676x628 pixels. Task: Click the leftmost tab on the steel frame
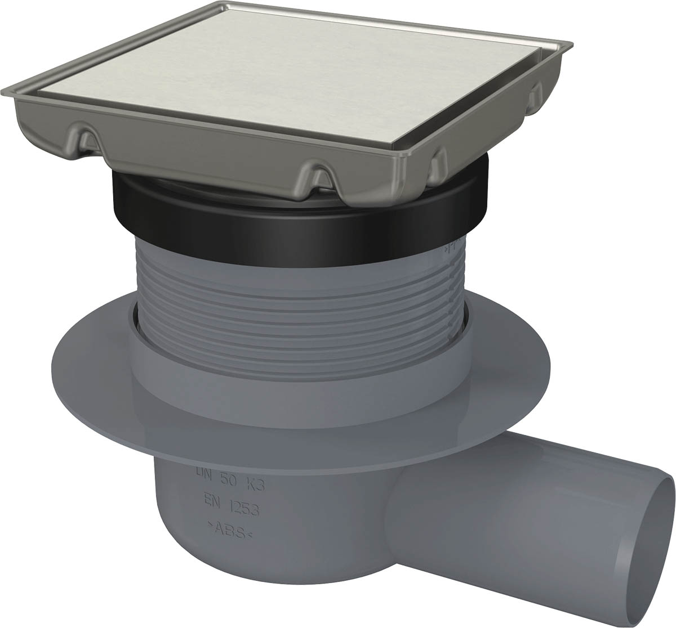pyautogui.click(x=84, y=137)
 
